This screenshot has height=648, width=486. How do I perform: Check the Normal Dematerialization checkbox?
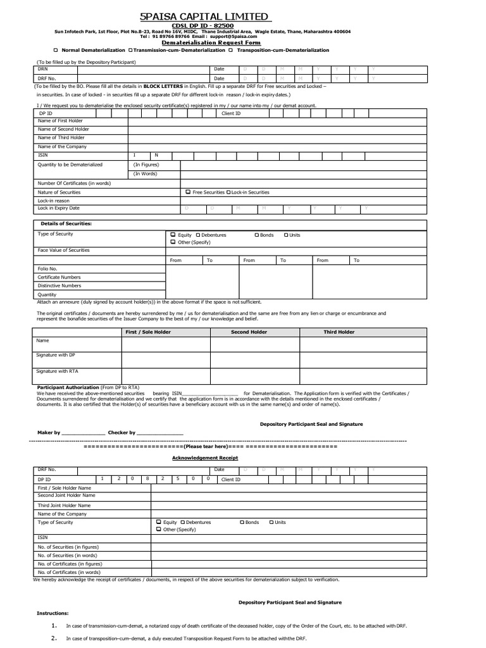(x=56, y=50)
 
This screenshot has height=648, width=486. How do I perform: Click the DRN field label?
(x=42, y=68)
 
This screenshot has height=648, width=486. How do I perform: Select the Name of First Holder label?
(x=61, y=120)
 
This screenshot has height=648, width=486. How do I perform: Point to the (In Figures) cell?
(x=146, y=165)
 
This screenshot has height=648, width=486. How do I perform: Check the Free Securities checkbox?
(x=188, y=192)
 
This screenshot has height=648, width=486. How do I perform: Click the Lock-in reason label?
(x=54, y=200)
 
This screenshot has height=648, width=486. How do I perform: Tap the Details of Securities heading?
(x=66, y=224)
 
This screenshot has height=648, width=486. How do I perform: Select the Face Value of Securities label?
(x=64, y=250)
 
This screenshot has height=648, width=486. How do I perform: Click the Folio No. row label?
(x=47, y=268)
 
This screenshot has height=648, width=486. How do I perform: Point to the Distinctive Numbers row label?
(x=59, y=285)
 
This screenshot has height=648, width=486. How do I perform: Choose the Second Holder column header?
(x=249, y=332)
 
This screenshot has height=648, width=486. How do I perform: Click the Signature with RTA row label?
(x=58, y=371)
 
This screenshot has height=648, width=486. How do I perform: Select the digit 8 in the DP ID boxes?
(x=147, y=479)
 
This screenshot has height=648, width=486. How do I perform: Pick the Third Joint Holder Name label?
(x=64, y=505)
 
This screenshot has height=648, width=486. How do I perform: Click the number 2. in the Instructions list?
(x=54, y=638)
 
